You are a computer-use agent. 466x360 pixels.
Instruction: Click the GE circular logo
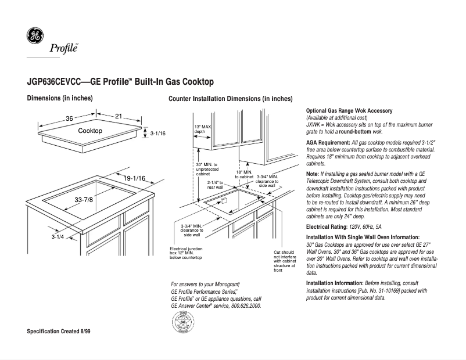pos(35,36)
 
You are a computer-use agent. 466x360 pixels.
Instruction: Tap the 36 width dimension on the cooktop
pos(69,118)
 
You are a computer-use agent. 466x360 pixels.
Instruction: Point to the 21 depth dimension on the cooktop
pos(119,117)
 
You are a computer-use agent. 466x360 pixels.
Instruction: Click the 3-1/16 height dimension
pos(158,134)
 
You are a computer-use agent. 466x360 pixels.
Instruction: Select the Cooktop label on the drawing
pos(90,131)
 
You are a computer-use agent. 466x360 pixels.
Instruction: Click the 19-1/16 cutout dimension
pos(134,178)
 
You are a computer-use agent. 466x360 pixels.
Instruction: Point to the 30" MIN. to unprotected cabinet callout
pos(207,169)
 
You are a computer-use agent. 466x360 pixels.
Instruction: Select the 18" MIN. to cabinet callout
pos(244,174)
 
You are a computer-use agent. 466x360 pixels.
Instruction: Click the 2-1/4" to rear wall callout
pos(216,185)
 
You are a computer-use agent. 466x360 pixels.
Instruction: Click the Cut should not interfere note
pos(284,261)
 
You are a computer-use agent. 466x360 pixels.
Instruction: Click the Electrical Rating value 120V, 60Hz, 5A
pos(366,226)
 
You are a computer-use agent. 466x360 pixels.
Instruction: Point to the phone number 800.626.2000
pos(246,305)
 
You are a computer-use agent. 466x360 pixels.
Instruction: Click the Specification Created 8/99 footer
pos(63,331)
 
